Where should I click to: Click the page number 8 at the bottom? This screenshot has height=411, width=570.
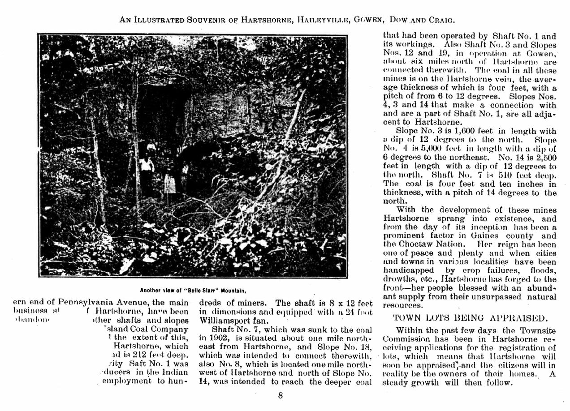pyautogui.click(x=280, y=396)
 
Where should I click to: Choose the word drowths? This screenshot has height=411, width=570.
pyautogui.click(x=399, y=279)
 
